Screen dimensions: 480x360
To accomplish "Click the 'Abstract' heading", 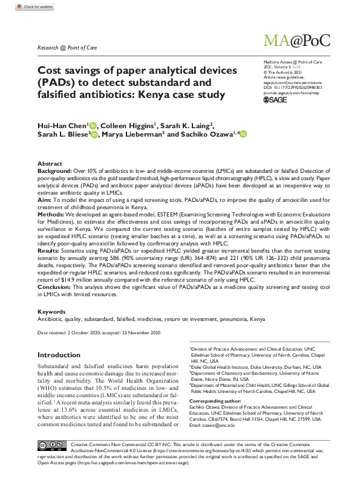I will point(50,164).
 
